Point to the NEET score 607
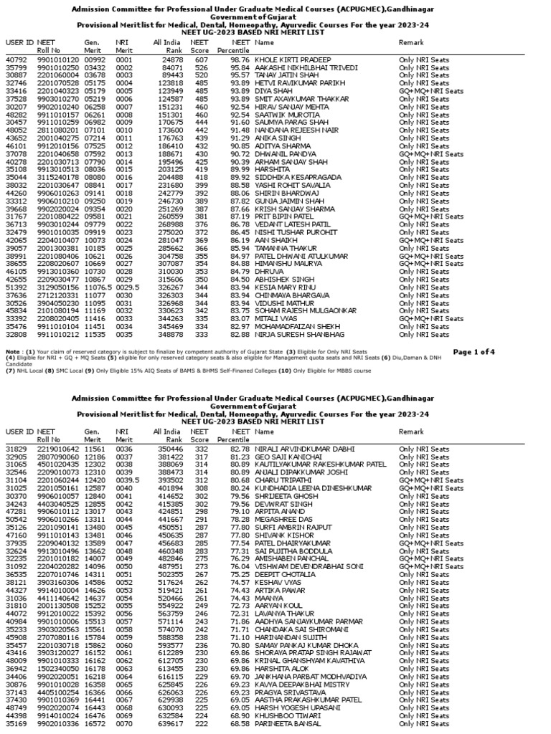tap(200, 59)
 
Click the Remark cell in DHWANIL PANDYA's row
tap(430, 153)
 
